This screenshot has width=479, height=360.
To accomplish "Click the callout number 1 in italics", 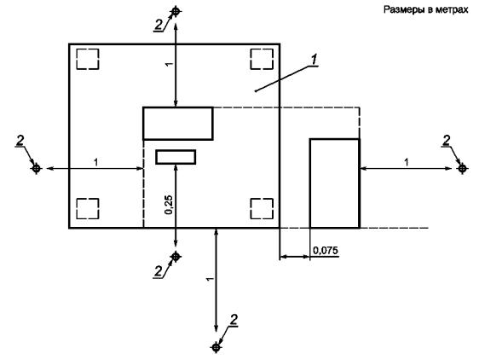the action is click(315, 60).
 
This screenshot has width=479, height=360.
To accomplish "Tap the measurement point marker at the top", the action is click(176, 11).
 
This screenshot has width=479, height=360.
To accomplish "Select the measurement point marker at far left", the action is click(37, 168).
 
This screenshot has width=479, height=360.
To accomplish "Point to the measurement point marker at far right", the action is click(462, 168).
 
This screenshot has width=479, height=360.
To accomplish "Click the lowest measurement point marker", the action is click(216, 347).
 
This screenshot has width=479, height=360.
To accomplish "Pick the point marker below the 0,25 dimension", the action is click(176, 256).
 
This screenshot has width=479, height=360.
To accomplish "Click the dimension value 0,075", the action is click(326, 251).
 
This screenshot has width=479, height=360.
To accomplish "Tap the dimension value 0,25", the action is click(169, 205).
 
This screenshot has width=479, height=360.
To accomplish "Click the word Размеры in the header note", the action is click(404, 9).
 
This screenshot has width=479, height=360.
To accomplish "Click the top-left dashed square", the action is click(88, 59).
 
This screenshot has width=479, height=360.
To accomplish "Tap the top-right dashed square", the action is click(262, 59).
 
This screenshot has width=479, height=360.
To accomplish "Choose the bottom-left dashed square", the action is click(88, 209).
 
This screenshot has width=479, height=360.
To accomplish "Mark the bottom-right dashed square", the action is click(262, 209).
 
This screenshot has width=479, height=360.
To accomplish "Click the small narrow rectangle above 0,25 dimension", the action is click(176, 157).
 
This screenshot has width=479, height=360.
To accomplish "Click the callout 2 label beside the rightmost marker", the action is click(447, 141).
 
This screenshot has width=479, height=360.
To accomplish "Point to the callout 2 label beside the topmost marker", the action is click(159, 25).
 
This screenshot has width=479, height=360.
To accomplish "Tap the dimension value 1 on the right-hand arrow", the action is click(407, 162).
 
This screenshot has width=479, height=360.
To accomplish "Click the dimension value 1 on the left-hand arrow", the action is click(96, 162).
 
